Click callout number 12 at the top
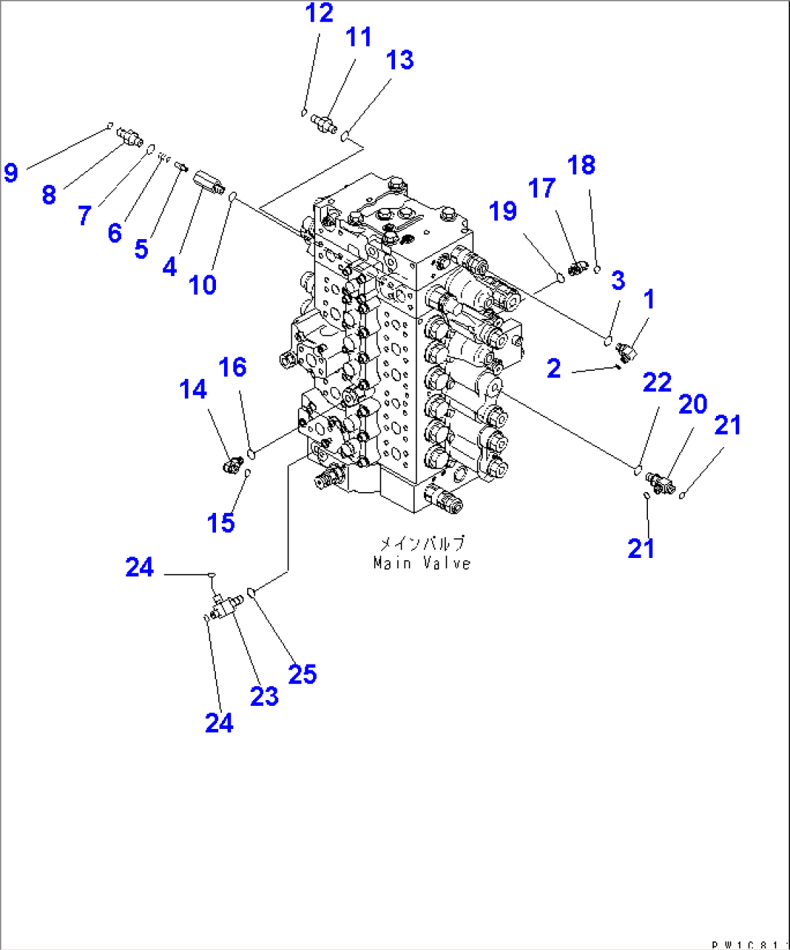[x=319, y=13]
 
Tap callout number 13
[x=399, y=60]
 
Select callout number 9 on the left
[x=10, y=172]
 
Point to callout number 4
[x=170, y=267]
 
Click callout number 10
[x=203, y=285]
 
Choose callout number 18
[x=581, y=165]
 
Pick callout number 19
[x=502, y=211]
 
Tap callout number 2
[x=554, y=369]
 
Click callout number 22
[x=657, y=382]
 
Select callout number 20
[x=692, y=404]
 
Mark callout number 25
[x=302, y=675]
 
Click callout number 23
[x=264, y=696]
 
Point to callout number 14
[x=193, y=390]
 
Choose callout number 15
[x=221, y=522]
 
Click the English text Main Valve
[x=422, y=563]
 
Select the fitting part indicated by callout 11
[x=324, y=123]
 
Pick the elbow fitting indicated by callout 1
[x=626, y=352]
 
